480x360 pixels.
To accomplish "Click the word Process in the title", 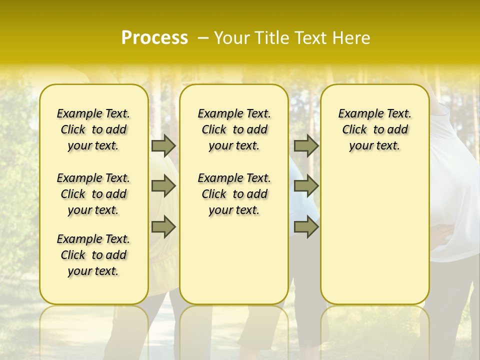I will [x=154, y=38].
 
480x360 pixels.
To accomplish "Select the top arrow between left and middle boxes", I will [x=163, y=145].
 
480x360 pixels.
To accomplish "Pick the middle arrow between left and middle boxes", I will [x=163, y=186].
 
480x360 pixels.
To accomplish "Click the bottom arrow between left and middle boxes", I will [x=163, y=226].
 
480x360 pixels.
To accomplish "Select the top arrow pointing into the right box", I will [x=306, y=145].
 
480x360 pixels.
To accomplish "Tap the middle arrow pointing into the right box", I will [x=306, y=186].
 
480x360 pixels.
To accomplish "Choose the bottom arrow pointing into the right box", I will [x=306, y=226].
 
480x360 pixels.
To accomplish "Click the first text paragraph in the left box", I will [x=93, y=129].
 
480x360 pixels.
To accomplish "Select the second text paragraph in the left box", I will [x=93, y=194].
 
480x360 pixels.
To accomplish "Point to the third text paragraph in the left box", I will [x=93, y=255].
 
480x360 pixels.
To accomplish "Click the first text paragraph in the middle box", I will [x=234, y=129].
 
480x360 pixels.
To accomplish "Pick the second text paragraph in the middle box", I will [x=234, y=194].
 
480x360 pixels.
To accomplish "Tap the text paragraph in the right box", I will [x=375, y=129].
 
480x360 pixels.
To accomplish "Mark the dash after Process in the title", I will [x=203, y=38].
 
